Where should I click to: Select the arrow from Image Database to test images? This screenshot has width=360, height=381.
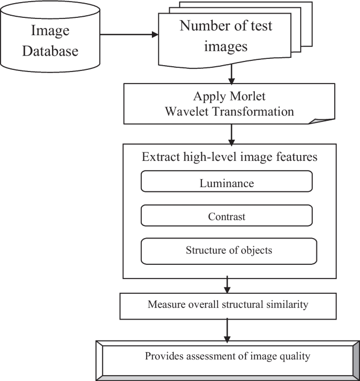click(x=129, y=35)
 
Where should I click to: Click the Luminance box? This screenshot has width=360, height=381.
click(x=227, y=183)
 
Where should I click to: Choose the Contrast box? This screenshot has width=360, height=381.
click(x=227, y=216)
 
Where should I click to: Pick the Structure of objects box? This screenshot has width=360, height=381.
click(x=229, y=250)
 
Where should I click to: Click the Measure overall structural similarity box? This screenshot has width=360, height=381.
click(x=227, y=304)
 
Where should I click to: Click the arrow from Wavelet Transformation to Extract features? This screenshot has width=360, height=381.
click(x=231, y=134)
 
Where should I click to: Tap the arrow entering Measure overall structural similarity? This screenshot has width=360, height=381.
click(x=227, y=285)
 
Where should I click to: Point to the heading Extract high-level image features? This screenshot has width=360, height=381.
click(x=230, y=157)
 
